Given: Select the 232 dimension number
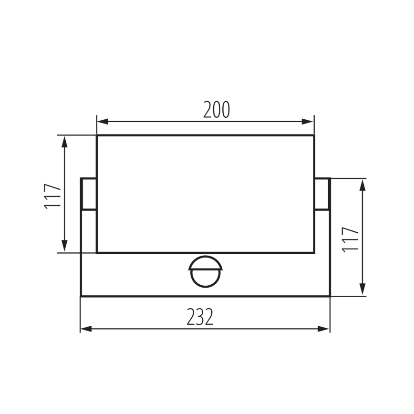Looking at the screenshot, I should coord(200,317).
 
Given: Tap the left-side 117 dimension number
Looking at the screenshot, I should coord(53,196).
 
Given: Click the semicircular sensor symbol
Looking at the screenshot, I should coord(205,271).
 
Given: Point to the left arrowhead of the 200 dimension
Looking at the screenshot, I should coord(101,122).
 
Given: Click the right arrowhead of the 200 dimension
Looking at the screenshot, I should coord(310,122).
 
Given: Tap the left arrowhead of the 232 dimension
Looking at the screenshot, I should coord(84,329).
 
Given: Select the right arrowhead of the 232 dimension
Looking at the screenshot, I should coord(326,329).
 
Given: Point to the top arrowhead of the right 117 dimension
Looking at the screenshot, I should coord(363,184).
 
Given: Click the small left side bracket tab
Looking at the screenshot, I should coord(89,194).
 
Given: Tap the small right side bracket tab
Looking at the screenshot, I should coord(322,194).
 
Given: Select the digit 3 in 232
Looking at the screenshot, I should coord(200,317).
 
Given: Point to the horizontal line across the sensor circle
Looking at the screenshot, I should coord(205,269).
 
